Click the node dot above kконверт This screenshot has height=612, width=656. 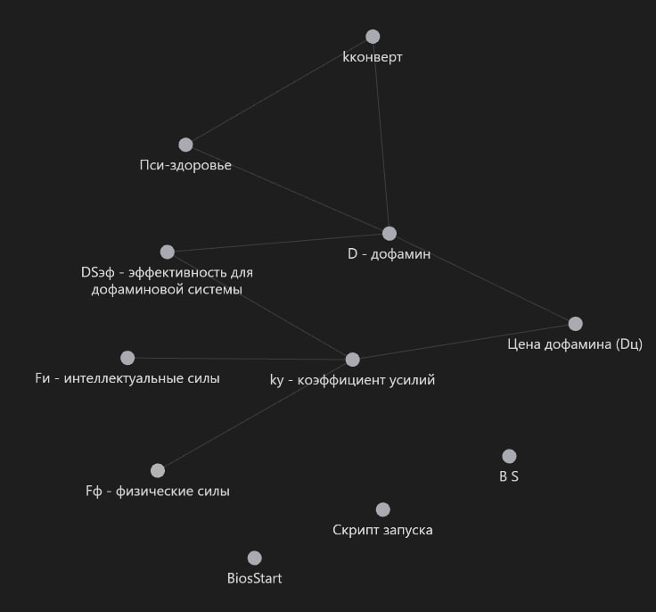click(x=373, y=37)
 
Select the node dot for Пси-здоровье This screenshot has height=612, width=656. click(x=185, y=145)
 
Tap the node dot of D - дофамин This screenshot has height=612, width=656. click(x=389, y=234)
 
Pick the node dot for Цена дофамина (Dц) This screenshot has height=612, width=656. click(x=576, y=324)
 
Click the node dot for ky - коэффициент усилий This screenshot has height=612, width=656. click(x=352, y=360)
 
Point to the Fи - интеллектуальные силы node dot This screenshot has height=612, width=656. click(x=127, y=358)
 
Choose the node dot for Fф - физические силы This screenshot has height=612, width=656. click(x=158, y=470)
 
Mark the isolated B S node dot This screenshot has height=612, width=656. click(x=509, y=457)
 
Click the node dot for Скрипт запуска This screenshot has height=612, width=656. click(x=383, y=509)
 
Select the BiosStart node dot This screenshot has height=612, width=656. click(x=255, y=558)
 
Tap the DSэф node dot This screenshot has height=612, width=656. click(x=167, y=252)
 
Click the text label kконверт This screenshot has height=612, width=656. click(x=373, y=57)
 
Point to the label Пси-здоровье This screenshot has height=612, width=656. click(x=185, y=165)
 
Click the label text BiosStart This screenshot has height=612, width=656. click(x=255, y=578)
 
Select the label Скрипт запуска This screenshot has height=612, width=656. click(x=383, y=530)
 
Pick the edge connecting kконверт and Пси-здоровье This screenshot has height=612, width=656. click(x=279, y=90)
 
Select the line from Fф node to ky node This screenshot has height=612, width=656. click(x=255, y=415)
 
